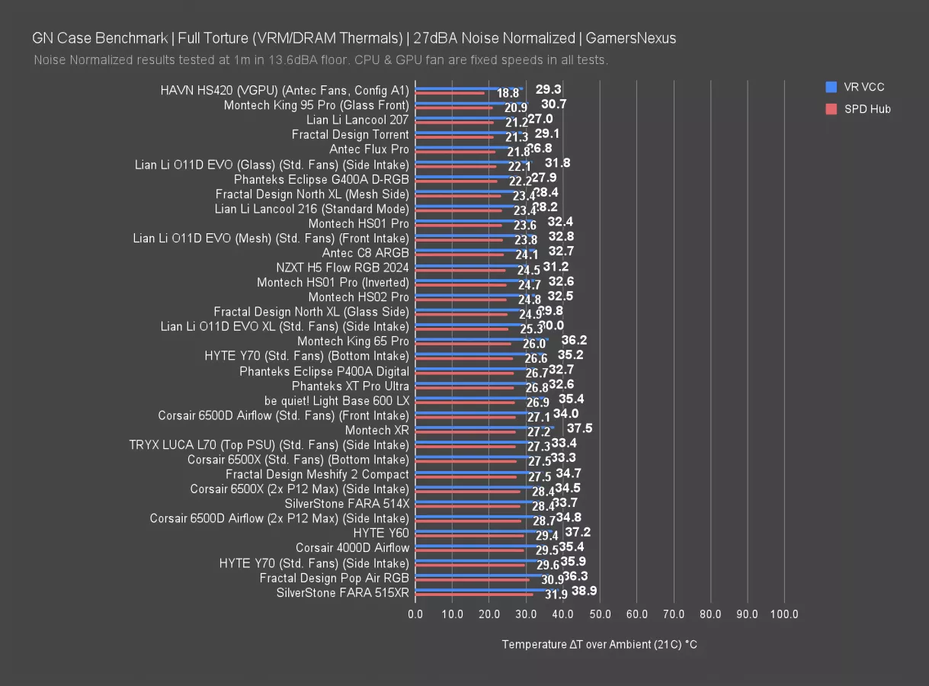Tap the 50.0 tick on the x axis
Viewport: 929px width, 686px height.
[x=600, y=614]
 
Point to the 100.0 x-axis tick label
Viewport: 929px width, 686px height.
[x=784, y=614]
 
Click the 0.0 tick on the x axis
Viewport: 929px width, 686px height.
[x=415, y=614]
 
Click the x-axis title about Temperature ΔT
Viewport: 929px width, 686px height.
[x=599, y=645]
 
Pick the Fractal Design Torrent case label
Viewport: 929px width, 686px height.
[x=350, y=134]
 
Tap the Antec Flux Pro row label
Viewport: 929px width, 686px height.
[x=369, y=149]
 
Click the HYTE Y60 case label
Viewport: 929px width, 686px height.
[x=381, y=533]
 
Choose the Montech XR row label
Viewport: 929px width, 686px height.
[x=377, y=430]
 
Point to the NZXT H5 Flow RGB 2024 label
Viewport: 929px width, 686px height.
[x=342, y=268]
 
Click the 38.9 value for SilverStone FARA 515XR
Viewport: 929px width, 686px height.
[x=584, y=591]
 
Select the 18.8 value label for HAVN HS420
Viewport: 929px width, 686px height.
[x=508, y=93]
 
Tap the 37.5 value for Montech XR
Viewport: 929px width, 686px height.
[x=579, y=428]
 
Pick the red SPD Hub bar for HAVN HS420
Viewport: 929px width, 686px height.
[x=450, y=94]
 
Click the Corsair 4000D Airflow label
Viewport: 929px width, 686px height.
[x=352, y=547]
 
